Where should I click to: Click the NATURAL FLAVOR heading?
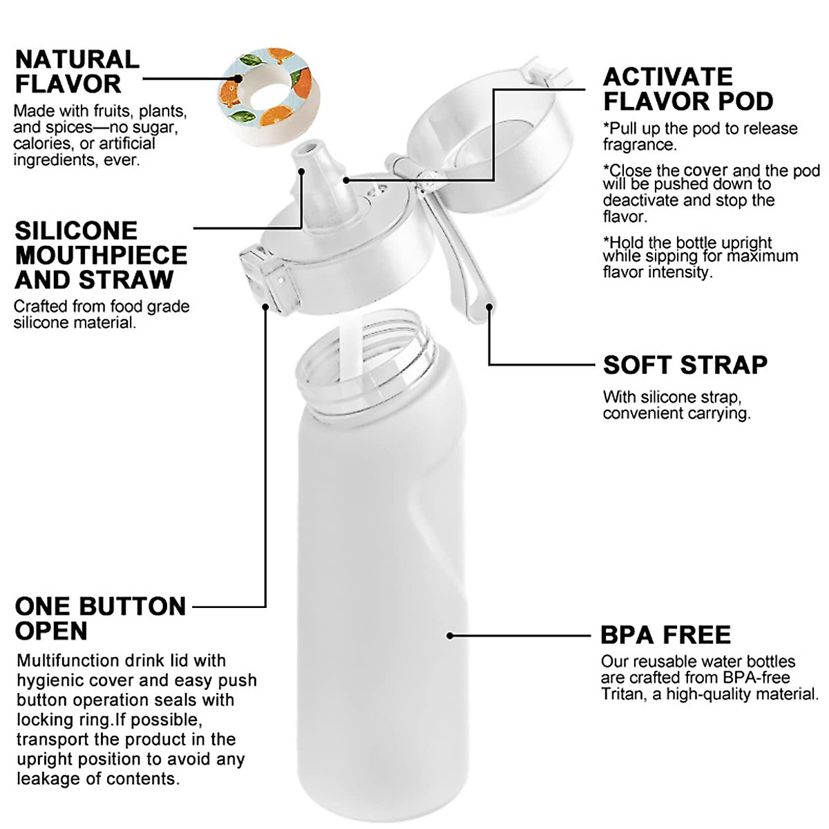point(77,71)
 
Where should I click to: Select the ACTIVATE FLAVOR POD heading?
point(687,88)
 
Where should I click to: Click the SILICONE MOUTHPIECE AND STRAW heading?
point(101,255)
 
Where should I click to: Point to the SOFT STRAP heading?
point(685,365)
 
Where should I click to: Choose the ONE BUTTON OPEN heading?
point(100,618)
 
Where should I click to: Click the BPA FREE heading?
point(665,634)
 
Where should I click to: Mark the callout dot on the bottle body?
point(450,635)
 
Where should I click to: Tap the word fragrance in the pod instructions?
point(638,144)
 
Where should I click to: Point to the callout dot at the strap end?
point(488,306)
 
